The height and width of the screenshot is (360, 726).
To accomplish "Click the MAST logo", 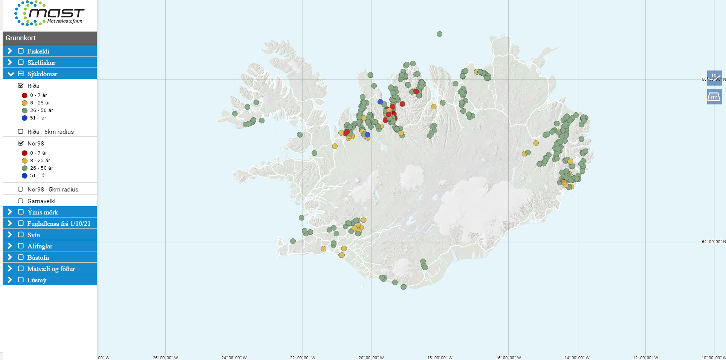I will pos(49,14).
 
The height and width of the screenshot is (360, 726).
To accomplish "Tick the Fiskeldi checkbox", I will pos(21,51).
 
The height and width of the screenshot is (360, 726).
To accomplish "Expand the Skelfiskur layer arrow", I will pos(10,62).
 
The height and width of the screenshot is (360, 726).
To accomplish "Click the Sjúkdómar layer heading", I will pos(42,74).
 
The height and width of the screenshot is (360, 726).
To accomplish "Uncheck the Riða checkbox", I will pos(21,86).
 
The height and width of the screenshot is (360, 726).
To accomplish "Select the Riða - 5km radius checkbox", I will pos(21,132).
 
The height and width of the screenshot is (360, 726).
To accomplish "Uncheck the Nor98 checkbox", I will pos(21,143).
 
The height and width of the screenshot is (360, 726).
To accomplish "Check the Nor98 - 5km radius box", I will pos(21,189).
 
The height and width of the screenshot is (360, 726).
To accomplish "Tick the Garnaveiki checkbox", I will pos(21,201).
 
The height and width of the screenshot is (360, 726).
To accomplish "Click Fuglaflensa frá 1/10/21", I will pos(59,224).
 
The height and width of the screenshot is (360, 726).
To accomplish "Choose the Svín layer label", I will pos(34,235).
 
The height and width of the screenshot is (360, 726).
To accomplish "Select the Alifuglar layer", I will pos(40,246).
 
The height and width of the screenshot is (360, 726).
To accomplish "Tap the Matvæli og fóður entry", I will pos(51,269).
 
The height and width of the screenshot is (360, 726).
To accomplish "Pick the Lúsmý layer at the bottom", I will pos(37,280).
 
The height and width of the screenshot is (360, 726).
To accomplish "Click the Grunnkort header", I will pos(21,38).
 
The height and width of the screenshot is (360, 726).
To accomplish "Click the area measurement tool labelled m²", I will pos(714,97).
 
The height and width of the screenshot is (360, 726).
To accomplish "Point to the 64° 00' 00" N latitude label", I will pos(712,242).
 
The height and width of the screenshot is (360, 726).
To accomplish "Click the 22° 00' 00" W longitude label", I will pos(303,357).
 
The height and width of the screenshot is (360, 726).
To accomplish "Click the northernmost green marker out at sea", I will pos(439,34).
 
